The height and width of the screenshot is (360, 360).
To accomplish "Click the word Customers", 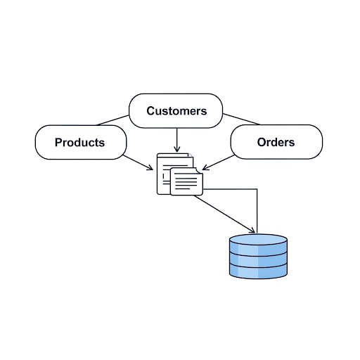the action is [176, 111].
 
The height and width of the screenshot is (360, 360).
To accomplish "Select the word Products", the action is [79, 142].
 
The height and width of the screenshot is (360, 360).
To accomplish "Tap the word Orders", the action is [276, 142].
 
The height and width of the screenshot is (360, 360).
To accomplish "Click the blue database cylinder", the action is [258, 257].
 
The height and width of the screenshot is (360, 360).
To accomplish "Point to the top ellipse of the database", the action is [258, 240].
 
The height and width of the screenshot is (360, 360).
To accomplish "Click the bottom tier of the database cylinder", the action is [258, 272].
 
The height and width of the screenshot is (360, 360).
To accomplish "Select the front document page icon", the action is [186, 181].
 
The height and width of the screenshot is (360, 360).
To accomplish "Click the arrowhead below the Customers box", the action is [177, 149].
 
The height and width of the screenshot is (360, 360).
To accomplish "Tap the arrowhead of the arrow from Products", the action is [150, 168].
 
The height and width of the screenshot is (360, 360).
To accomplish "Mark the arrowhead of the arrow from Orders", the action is [205, 168].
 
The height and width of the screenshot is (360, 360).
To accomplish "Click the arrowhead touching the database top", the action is [252, 231].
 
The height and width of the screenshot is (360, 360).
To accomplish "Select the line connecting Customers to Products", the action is [112, 120].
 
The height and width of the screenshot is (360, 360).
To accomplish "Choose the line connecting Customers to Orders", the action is [241, 119].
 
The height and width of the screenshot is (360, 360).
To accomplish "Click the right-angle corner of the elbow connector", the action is [257, 189].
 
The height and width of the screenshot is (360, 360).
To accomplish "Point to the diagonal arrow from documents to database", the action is [224, 214].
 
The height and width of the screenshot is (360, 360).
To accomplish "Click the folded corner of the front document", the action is [199, 171].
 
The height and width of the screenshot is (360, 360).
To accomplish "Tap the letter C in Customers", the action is [150, 111].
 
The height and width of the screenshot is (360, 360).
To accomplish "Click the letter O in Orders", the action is [262, 142].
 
